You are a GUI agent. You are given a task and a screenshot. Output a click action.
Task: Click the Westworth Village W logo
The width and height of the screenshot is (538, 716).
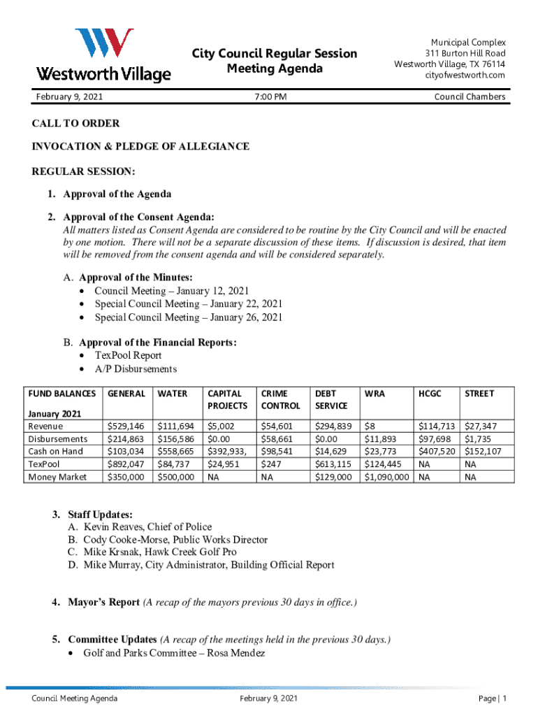click(104, 44)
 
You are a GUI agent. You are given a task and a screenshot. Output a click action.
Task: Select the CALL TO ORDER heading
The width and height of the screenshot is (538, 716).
click(75, 124)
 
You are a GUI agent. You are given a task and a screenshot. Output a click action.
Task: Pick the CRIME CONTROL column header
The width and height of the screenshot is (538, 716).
click(280, 399)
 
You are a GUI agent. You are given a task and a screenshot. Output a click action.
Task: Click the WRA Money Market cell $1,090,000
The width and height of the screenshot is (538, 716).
click(386, 477)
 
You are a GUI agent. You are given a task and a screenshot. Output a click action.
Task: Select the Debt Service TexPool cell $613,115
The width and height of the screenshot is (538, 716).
click(333, 464)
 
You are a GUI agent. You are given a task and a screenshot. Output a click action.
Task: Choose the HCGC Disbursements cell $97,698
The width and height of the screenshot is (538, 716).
click(436, 438)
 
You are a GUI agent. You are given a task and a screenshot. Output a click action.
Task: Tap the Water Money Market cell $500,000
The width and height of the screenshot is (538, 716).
click(176, 477)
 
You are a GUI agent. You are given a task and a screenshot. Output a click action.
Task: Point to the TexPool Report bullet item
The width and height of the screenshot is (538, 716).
click(128, 355)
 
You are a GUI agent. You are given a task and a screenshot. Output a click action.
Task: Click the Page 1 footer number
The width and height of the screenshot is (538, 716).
click(493, 699)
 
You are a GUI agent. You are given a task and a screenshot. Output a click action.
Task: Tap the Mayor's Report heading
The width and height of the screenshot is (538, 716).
click(103, 603)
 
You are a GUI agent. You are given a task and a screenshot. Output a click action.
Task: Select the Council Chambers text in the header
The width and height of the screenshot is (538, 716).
click(470, 96)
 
